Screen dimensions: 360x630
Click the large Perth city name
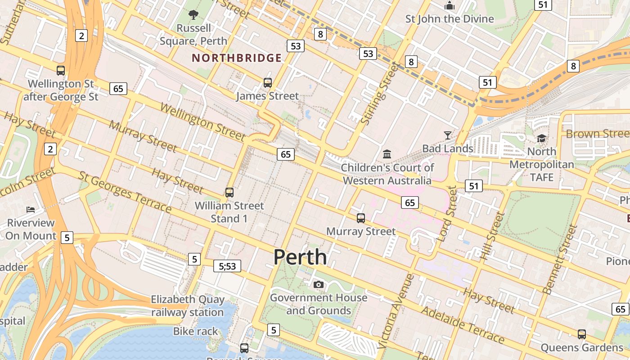click(x=300, y=257)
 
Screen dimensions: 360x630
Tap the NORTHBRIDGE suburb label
click(x=237, y=58)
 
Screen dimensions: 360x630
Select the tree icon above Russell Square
click(x=193, y=15)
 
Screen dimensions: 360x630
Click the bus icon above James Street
click(x=268, y=83)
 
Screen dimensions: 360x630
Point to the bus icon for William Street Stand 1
click(x=229, y=193)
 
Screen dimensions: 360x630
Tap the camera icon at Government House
click(x=319, y=284)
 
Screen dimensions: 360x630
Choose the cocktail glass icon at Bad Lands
click(x=447, y=135)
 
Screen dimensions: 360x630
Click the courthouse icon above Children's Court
click(x=387, y=154)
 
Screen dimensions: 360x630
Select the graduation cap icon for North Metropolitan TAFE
click(x=541, y=138)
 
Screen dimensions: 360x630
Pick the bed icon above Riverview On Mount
click(x=31, y=210)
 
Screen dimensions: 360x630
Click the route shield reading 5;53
click(x=227, y=266)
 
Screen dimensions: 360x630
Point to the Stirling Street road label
click(x=380, y=94)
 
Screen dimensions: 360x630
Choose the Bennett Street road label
click(x=560, y=259)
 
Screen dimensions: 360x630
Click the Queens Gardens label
click(x=582, y=348)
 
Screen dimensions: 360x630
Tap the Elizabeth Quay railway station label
click(x=187, y=306)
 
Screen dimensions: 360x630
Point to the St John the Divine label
click(x=450, y=19)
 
